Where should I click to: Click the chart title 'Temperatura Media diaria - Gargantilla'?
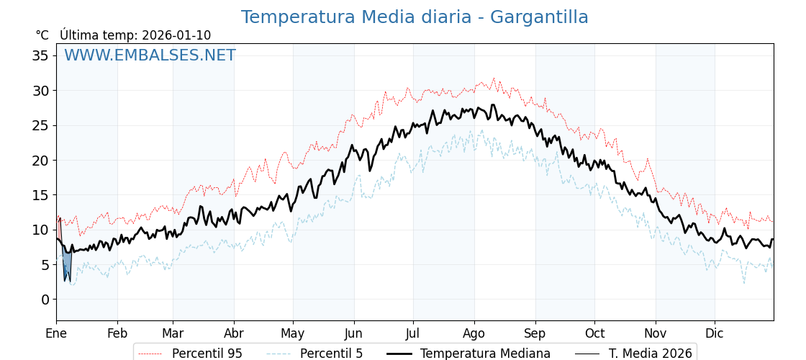tap(415, 17)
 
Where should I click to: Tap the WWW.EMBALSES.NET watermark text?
tap(150, 55)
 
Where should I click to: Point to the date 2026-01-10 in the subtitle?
tap(176, 35)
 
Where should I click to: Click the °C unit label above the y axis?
tap(42, 35)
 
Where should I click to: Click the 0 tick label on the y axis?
tap(45, 300)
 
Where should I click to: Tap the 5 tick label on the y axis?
tap(45, 265)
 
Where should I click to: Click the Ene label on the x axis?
tap(56, 333)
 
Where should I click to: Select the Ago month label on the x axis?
tap(474, 333)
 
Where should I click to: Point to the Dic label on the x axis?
tap(715, 333)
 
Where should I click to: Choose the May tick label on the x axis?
tap(293, 333)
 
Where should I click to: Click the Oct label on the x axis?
tap(594, 333)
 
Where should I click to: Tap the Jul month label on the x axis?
tap(413, 333)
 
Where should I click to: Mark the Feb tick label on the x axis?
tap(117, 333)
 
